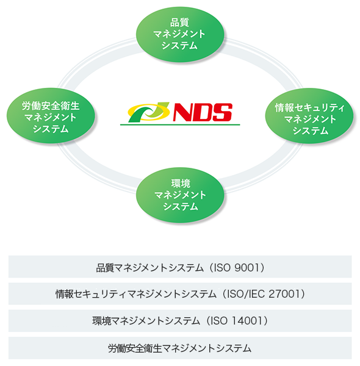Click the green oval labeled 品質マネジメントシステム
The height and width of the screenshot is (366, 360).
(180, 35)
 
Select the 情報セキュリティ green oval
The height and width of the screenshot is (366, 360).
(309, 116)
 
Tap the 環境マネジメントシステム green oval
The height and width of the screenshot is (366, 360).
(180, 195)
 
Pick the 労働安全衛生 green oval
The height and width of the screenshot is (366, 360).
(51, 116)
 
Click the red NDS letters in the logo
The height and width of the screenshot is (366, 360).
(203, 112)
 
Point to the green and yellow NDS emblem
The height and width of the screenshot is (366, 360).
(149, 112)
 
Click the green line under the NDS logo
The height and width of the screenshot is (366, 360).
(180, 125)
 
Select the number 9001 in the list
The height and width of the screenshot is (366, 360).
(247, 268)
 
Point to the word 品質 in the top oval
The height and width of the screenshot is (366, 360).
(179, 23)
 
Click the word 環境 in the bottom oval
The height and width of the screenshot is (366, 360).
(181, 184)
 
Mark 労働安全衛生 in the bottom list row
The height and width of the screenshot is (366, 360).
(135, 348)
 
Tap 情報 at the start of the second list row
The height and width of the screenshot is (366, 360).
(65, 294)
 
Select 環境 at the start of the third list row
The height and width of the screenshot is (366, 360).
(102, 321)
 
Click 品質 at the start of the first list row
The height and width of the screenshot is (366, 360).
(106, 268)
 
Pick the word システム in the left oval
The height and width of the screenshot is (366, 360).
(51, 129)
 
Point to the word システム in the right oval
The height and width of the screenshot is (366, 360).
(311, 131)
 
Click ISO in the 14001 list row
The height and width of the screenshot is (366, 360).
(219, 321)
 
